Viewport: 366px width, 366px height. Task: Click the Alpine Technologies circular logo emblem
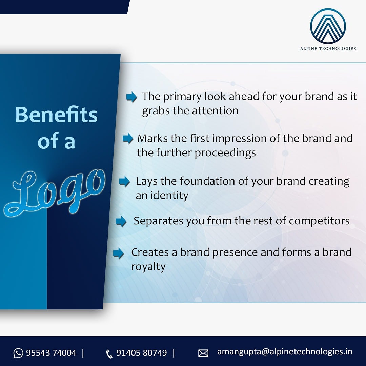(x=328, y=26)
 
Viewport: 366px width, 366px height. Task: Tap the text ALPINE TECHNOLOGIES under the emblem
(x=328, y=48)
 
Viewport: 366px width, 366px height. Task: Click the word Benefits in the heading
(x=56, y=115)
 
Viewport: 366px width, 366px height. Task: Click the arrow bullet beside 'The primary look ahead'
(x=131, y=97)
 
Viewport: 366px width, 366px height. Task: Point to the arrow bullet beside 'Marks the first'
(x=127, y=138)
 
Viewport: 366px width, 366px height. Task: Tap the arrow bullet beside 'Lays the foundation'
(x=124, y=182)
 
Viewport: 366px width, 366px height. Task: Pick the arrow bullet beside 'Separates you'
(x=121, y=222)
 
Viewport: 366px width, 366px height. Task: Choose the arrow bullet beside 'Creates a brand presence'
(x=118, y=253)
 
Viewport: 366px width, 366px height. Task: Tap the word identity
(x=171, y=196)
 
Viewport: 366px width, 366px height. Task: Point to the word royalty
(x=148, y=267)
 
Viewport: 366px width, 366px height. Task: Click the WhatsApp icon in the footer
(x=18, y=353)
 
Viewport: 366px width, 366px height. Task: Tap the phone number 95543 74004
(x=51, y=353)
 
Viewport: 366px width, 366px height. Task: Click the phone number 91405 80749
(x=142, y=353)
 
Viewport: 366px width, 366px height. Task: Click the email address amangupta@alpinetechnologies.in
(x=285, y=352)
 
